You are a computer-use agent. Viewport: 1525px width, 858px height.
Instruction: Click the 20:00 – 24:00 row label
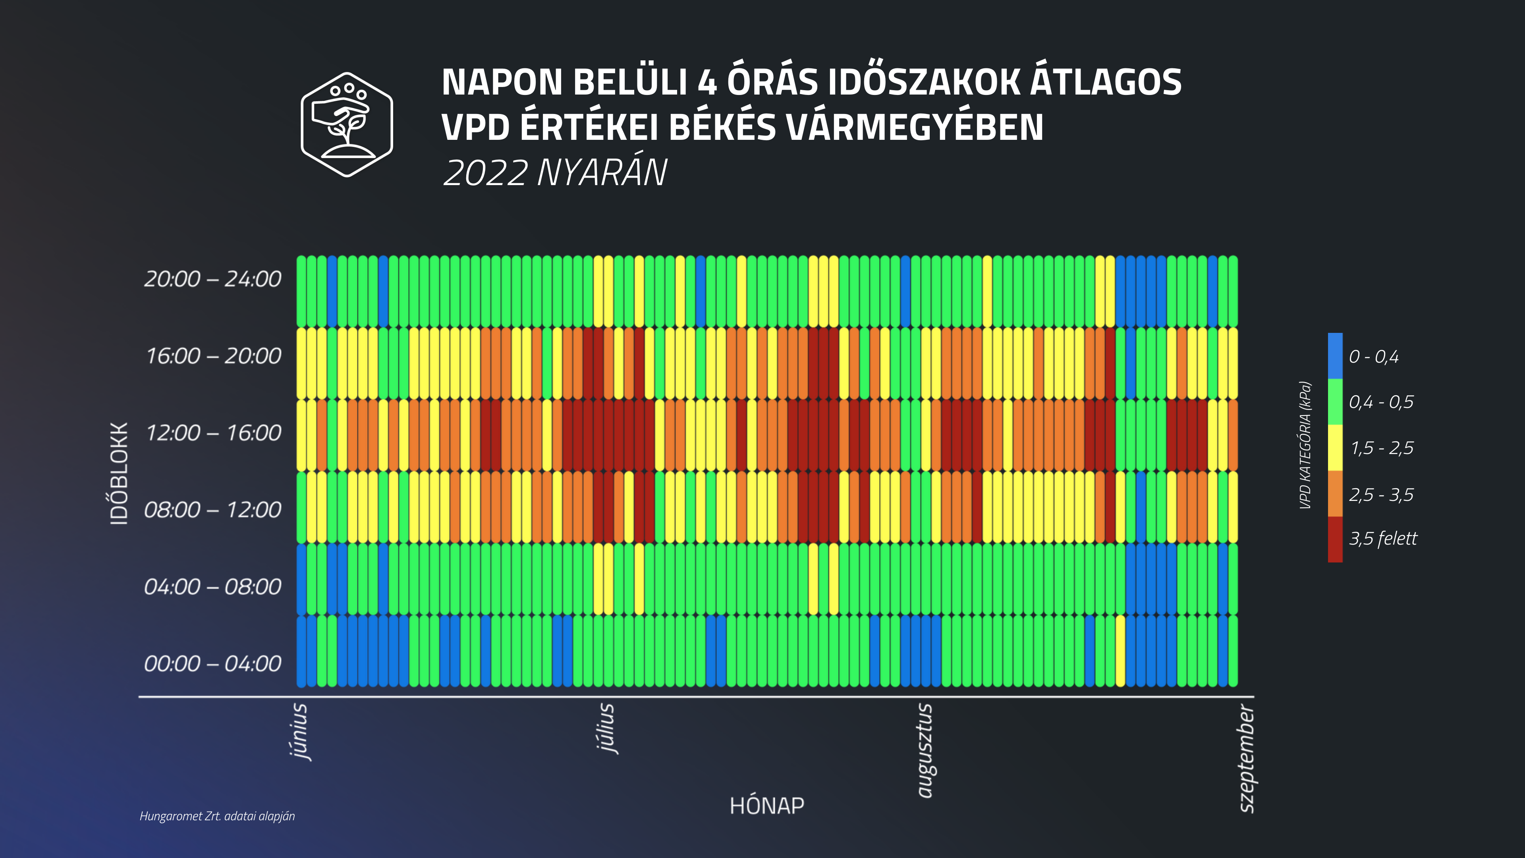pyautogui.click(x=212, y=279)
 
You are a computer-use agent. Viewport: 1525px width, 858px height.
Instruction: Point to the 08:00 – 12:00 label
pyautogui.click(x=212, y=510)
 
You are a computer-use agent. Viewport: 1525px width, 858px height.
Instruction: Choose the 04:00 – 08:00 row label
pyautogui.click(x=212, y=587)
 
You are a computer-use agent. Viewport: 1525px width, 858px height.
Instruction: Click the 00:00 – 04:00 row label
pyautogui.click(x=212, y=664)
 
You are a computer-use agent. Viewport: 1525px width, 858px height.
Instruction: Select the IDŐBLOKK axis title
pyautogui.click(x=120, y=474)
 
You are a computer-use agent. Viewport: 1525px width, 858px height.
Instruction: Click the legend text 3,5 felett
pyautogui.click(x=1383, y=539)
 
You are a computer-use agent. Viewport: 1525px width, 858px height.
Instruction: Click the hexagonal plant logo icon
pyautogui.click(x=347, y=124)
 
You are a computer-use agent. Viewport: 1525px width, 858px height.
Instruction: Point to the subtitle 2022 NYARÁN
pyautogui.click(x=555, y=173)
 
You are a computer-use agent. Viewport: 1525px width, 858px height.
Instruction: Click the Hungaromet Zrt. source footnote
pyautogui.click(x=217, y=816)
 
